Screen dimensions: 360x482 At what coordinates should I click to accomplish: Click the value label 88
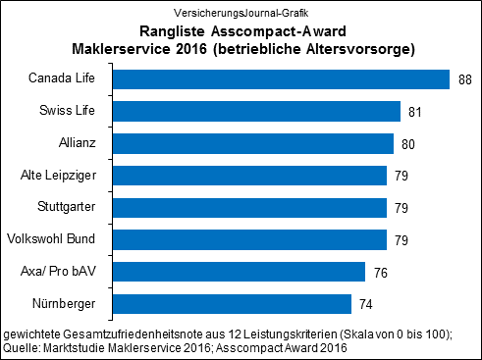465,80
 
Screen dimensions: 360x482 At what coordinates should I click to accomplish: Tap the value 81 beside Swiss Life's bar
415,113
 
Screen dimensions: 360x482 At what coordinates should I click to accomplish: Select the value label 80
408,144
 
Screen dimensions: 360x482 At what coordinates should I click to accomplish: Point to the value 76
380,272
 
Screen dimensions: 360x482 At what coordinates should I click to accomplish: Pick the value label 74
366,304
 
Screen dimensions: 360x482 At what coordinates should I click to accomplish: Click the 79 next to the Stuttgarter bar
402,208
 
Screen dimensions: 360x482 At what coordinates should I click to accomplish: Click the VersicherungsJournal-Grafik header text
241,12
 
